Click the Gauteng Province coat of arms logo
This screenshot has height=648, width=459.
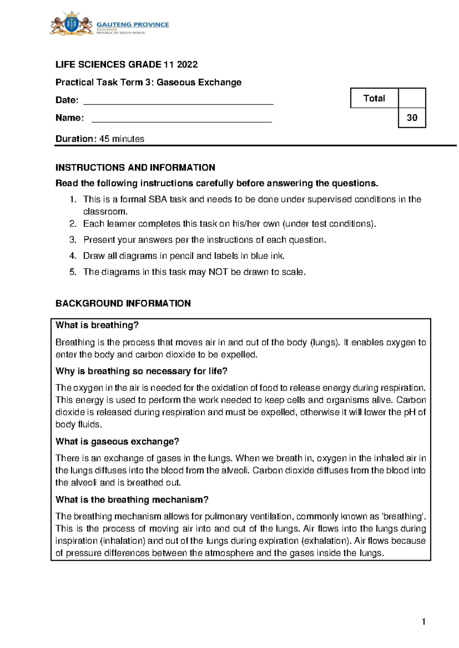(71, 24)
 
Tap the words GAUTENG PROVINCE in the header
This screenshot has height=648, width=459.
(132, 24)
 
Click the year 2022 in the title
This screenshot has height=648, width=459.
(187, 65)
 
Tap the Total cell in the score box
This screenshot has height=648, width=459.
(374, 99)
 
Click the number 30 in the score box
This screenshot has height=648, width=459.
(412, 118)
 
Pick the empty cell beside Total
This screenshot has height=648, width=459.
(412, 98)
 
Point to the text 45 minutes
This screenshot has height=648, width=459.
(122, 139)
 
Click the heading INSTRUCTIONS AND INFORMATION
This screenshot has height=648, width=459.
(135, 168)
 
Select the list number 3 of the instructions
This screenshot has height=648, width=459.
(73, 240)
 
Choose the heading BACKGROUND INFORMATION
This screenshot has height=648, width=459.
(123, 303)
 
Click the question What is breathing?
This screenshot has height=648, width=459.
(97, 325)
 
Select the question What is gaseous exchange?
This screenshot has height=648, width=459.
(117, 442)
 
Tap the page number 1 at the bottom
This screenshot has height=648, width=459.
(423, 622)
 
